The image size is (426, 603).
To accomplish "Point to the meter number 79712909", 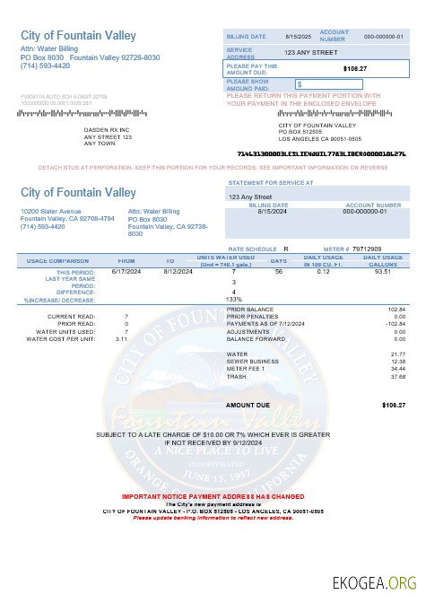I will [x=367, y=249].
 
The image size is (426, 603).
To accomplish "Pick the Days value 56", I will [x=278, y=270].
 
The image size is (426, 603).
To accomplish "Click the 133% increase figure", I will [x=234, y=299].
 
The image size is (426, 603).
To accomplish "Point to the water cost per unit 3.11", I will [x=121, y=339].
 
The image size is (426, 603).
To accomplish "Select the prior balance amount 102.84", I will [x=396, y=309].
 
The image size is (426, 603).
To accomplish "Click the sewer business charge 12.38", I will [x=398, y=362].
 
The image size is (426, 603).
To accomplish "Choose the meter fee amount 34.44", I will [x=398, y=369].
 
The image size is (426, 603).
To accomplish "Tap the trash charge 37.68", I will [x=398, y=377].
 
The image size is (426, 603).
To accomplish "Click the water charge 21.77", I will [x=398, y=354].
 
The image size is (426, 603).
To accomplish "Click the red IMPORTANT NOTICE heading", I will [x=213, y=496].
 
